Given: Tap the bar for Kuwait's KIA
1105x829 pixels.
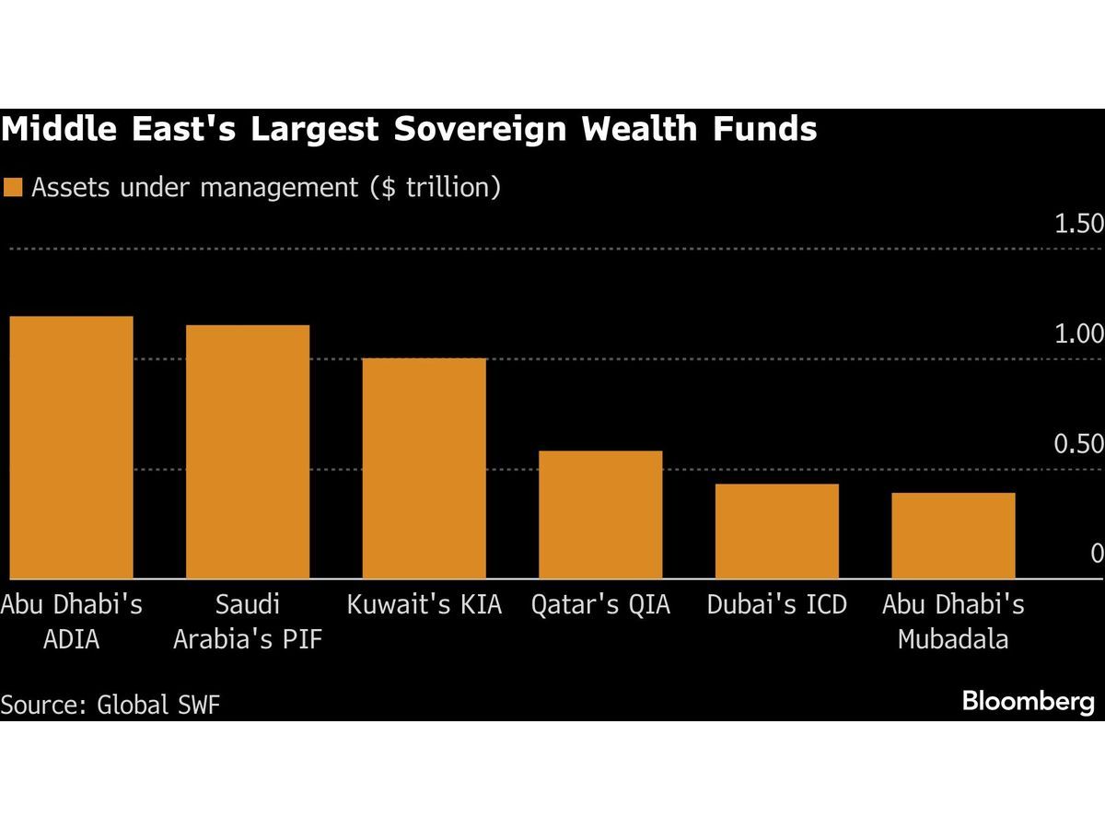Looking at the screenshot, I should tap(424, 468).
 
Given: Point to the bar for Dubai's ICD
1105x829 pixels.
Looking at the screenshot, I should tap(776, 531).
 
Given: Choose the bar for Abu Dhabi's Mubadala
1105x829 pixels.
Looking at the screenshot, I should tap(953, 535).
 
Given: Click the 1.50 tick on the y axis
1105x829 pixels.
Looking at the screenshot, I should tap(1078, 224).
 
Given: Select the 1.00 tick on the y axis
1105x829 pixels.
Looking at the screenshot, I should tap(1078, 333).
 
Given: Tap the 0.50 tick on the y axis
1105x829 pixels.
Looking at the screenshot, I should tap(1078, 444).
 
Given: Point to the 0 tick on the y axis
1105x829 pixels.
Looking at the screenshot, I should tap(1096, 554).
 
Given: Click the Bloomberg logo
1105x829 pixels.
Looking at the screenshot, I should tap(1029, 702).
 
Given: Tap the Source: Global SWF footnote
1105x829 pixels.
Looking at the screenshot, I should tap(110, 705).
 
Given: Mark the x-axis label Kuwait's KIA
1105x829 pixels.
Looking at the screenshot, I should tap(424, 605).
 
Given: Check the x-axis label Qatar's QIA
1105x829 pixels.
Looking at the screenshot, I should tap(600, 605).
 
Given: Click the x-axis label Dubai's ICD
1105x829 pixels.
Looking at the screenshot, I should tap(776, 605).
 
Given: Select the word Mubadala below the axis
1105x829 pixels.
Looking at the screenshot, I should tap(953, 638).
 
